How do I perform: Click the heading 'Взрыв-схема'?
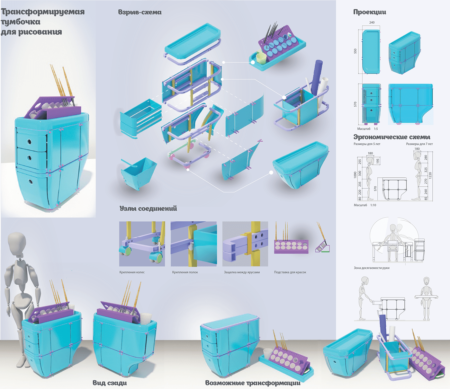point(140,12)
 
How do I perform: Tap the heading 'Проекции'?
point(370,12)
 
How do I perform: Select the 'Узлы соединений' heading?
point(148,208)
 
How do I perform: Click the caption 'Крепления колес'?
point(132,272)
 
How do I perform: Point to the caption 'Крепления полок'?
point(185,272)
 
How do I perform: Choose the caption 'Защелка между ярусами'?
point(242,272)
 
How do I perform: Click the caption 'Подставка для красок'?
point(290,272)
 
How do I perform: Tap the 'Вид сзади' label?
point(110,383)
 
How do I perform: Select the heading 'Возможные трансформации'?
point(253,383)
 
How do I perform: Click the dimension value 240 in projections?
point(372,22)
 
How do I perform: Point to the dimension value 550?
point(355,51)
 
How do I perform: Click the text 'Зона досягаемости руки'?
point(372,268)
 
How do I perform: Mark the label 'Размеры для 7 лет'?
point(419,144)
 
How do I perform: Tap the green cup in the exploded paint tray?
point(261,58)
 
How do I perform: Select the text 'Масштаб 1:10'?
point(365,205)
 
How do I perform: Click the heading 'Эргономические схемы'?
point(392,137)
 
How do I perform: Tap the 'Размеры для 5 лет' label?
point(367,144)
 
